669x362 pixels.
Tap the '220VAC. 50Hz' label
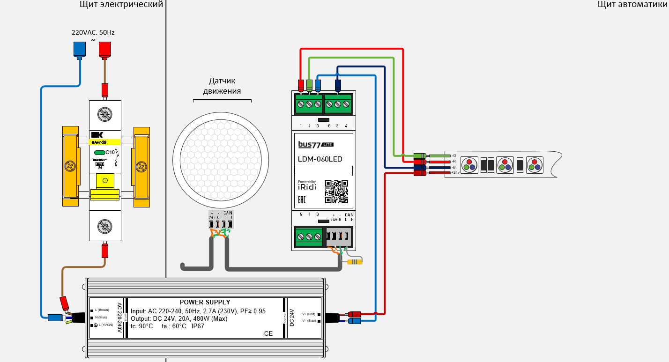point(93,33)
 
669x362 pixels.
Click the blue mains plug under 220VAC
point(79,49)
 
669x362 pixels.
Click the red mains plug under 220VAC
point(105,49)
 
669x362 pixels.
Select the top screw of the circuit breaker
point(105,113)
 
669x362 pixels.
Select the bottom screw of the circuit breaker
point(105,227)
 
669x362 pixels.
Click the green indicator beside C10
point(99,153)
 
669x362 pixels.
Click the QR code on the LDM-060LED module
point(336,192)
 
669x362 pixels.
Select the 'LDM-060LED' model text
point(320,159)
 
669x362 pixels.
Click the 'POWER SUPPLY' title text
point(205,302)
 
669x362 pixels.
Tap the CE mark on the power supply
point(268,333)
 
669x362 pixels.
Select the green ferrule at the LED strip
point(420,155)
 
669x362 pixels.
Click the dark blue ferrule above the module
point(338,85)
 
